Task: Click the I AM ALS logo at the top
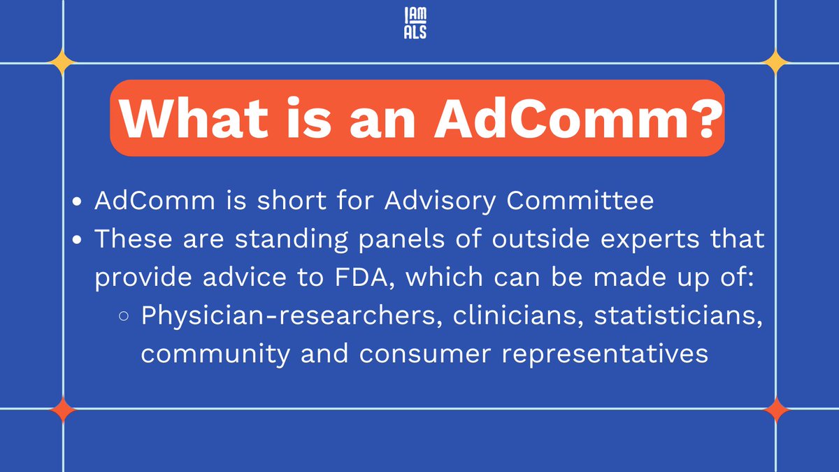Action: (417, 22)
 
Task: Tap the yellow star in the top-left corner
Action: (63, 64)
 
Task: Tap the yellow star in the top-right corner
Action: (775, 64)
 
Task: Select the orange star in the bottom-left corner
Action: (63, 409)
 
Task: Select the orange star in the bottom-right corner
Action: (775, 409)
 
